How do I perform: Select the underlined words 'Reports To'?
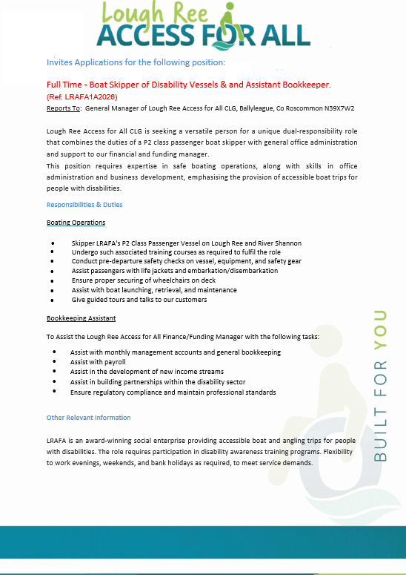(63, 108)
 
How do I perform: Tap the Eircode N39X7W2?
(338, 108)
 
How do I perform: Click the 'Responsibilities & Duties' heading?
(84, 205)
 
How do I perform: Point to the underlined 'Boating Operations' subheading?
(76, 223)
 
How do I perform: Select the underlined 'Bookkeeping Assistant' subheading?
(81, 318)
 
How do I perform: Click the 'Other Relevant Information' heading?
(88, 418)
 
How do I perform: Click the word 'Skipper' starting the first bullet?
(84, 243)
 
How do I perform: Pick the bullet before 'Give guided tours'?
(53, 300)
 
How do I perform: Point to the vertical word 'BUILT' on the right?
(381, 433)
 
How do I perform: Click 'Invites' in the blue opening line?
(60, 62)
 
